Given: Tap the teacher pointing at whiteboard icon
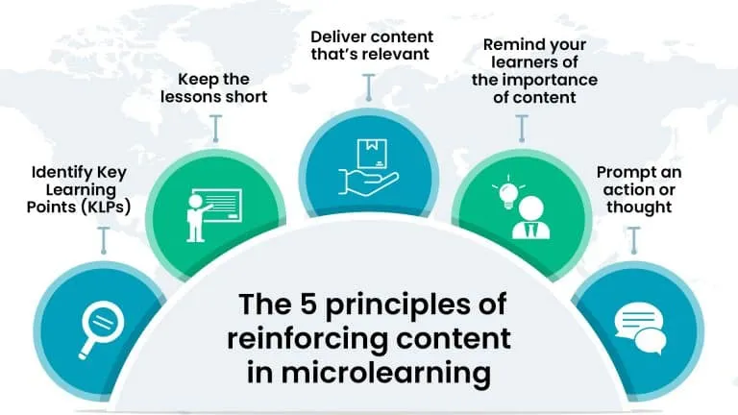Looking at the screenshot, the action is pyautogui.click(x=214, y=214).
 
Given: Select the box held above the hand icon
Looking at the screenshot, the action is pyautogui.click(x=372, y=154).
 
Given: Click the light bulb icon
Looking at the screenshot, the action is pyautogui.click(x=508, y=192).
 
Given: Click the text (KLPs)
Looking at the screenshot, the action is pyautogui.click(x=106, y=207).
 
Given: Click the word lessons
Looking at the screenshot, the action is pyautogui.click(x=190, y=96).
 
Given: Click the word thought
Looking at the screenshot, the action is pyautogui.click(x=639, y=207).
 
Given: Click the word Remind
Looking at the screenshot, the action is pyautogui.click(x=510, y=45).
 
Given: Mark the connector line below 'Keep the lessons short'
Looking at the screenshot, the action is pyautogui.click(x=215, y=129).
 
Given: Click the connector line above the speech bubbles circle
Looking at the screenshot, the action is pyautogui.click(x=633, y=240).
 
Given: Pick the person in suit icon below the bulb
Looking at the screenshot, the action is pyautogui.click(x=530, y=217).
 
